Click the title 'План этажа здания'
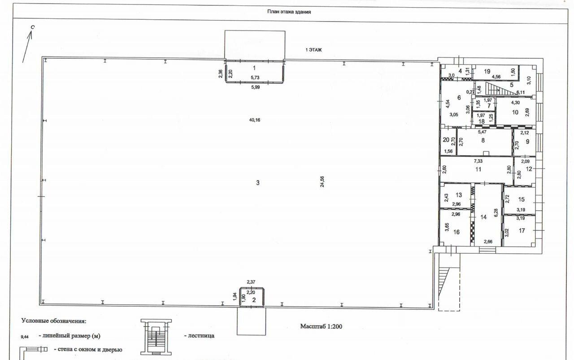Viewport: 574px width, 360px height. pos(289,12)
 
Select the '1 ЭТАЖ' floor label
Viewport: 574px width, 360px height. pos(313,50)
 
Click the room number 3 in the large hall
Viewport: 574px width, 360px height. pos(258,183)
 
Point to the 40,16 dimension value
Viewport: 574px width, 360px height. pos(255,120)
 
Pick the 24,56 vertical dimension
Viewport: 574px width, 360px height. pos(322,182)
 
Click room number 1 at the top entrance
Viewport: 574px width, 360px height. pos(254,68)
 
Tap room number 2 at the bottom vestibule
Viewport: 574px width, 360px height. pos(254,300)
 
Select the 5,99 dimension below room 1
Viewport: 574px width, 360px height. pos(256,87)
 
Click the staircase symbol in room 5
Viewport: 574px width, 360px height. pos(496,88)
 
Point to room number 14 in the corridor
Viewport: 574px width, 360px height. pos(483,217)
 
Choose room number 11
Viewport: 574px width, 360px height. pos(478,169)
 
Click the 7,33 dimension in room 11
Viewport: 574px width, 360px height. pos(478,161)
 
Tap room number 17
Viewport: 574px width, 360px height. pos(522,231)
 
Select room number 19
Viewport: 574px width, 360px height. pos(487,71)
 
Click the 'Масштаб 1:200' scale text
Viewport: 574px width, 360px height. pos(321,326)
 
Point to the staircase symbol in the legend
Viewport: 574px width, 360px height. pos(156,337)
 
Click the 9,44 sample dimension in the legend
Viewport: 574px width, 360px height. pos(25,337)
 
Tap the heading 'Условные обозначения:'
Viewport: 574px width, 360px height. pos(54,321)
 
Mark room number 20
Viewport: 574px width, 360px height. pos(446,140)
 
